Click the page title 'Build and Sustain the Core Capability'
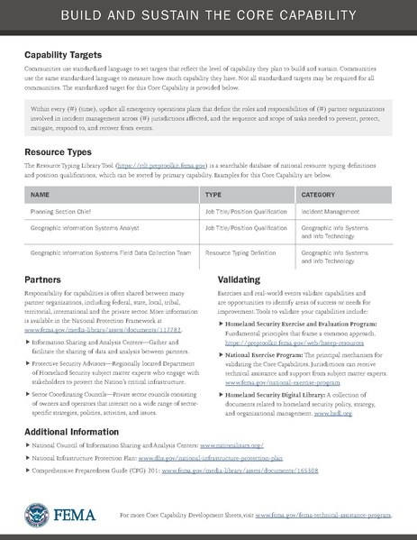pos(208,17)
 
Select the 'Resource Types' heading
pos(59,154)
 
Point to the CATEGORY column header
pos(319,194)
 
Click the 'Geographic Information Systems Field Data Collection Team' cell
pos(106,254)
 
